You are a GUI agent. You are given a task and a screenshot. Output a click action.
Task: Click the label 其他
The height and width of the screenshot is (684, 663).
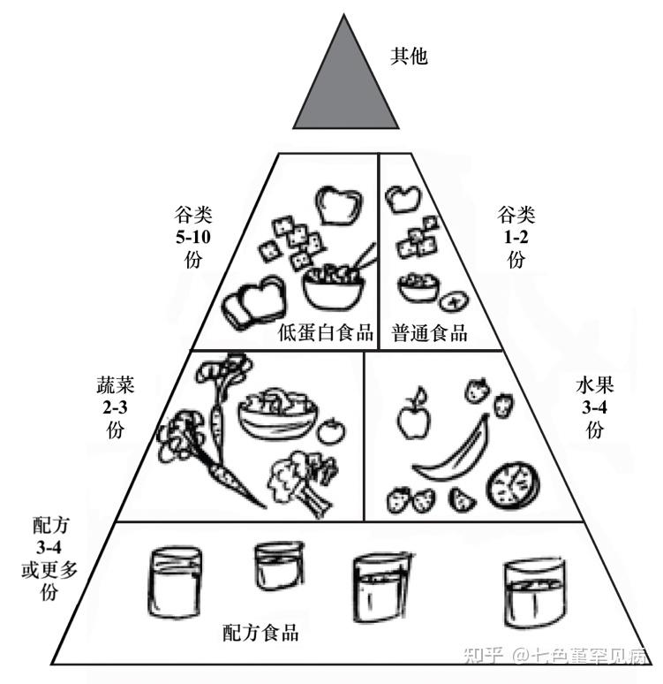pos(409,56)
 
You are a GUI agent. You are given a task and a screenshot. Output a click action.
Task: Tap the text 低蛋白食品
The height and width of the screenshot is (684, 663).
pos(325,333)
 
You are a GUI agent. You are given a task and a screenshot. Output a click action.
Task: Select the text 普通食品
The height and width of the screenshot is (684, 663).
pos(430,333)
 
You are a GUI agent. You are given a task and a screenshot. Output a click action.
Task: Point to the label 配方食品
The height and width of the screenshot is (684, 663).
pos(260,633)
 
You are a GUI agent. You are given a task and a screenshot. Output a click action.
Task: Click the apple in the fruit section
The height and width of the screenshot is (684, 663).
pos(411,418)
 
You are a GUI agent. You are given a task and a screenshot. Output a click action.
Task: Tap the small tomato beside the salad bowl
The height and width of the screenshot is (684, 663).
pos(331,431)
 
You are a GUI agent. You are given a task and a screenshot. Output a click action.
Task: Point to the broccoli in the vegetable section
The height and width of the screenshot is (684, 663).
pos(300,475)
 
